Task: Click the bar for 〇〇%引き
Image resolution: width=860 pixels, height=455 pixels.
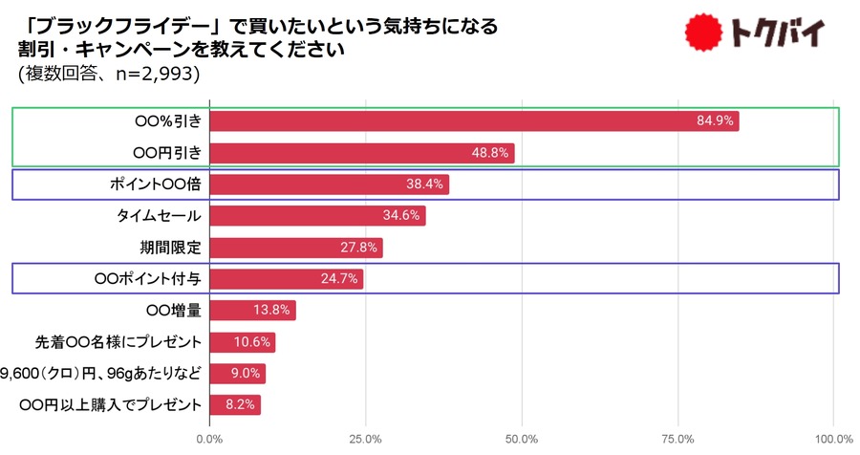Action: pyautogui.click(x=473, y=121)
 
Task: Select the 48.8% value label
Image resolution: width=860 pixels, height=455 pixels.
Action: pyautogui.click(x=493, y=153)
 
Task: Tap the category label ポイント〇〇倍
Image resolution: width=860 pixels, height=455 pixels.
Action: pyautogui.click(x=154, y=184)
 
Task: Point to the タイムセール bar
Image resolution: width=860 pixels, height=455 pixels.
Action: pyautogui.click(x=316, y=216)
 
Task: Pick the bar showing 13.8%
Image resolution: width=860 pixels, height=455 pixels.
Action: pyautogui.click(x=252, y=311)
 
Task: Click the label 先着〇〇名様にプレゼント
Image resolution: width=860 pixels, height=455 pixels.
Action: pyautogui.click(x=118, y=342)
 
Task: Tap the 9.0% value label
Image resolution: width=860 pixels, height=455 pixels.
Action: pyautogui.click(x=247, y=374)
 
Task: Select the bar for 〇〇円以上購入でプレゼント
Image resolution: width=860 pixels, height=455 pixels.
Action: pyautogui.click(x=234, y=405)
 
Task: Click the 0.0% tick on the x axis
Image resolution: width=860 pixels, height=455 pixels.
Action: pyautogui.click(x=209, y=439)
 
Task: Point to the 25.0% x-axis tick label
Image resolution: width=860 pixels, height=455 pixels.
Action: pyautogui.click(x=365, y=439)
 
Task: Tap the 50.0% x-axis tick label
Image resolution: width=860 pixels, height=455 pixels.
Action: pyautogui.click(x=522, y=439)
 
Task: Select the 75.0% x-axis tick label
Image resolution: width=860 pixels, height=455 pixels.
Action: pyautogui.click(x=678, y=439)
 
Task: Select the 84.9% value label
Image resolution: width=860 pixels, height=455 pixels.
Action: pyautogui.click(x=717, y=121)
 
